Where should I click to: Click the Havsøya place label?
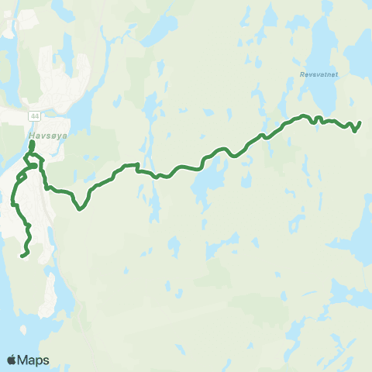tap(43, 133)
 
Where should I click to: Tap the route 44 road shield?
tap(35, 115)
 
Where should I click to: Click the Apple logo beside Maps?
tap(12, 360)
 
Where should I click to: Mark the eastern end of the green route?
tap(360, 122)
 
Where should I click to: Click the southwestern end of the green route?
tap(22, 255)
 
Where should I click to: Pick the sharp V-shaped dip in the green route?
tap(80, 208)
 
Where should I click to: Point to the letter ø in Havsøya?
tap(49, 133)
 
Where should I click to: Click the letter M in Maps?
tap(25, 360)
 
